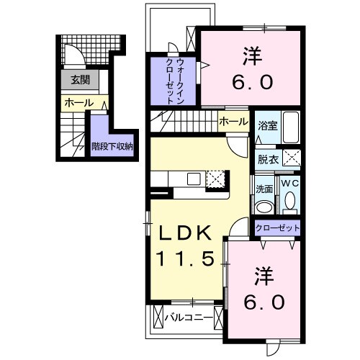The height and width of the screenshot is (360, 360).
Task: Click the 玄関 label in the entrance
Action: point(75,81)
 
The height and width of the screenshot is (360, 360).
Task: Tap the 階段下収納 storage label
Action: point(112,145)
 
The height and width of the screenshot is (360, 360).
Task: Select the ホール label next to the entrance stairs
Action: point(78,103)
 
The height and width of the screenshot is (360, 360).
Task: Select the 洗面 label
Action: point(264,189)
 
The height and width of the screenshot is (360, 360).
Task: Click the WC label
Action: point(290,184)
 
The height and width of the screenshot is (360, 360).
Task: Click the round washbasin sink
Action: point(264,207)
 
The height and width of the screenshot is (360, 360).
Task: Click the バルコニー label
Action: point(188,316)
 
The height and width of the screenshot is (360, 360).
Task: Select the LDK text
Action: point(184,233)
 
